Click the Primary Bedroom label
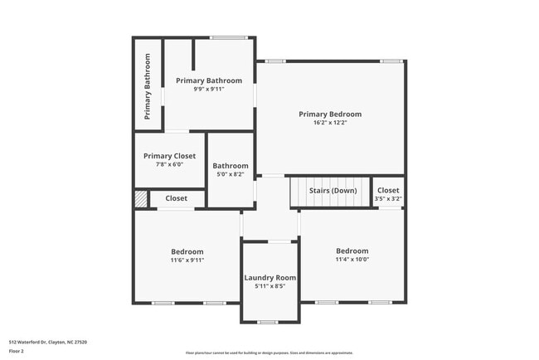[x=330, y=114]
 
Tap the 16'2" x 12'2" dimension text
[x=330, y=123]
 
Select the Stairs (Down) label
[x=333, y=191]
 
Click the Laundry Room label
[x=269, y=278]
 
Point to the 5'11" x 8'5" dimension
[x=269, y=286]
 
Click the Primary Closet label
[x=169, y=156]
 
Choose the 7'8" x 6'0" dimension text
[x=169, y=164]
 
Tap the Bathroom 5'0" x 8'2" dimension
[x=230, y=174]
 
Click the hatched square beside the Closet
[x=141, y=199]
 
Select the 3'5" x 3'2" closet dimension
[x=388, y=199]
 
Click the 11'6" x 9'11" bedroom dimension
[x=187, y=260]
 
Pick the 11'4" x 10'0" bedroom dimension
[x=352, y=259]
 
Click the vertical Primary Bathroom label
[x=148, y=86]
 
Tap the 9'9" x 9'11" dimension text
[x=209, y=89]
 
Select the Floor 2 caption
[x=17, y=351]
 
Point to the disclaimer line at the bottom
[x=269, y=353]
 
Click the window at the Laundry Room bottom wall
[x=267, y=322]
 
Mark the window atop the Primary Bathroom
[x=228, y=36]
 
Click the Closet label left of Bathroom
[x=176, y=198]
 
